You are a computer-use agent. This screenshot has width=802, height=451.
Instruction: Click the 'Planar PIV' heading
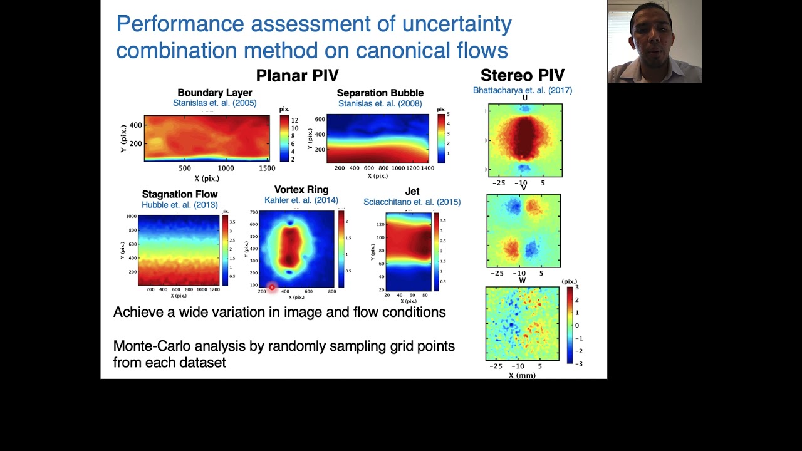(297, 76)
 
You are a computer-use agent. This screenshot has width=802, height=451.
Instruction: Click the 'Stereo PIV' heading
(522, 76)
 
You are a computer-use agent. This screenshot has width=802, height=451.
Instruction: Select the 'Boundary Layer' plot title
(214, 93)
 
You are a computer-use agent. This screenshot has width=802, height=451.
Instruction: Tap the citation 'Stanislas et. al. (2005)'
(214, 103)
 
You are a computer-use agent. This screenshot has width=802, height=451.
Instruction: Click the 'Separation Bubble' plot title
(380, 93)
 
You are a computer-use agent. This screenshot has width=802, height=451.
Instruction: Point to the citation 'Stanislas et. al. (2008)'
(380, 104)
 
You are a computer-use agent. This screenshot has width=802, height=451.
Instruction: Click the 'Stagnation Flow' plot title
(180, 194)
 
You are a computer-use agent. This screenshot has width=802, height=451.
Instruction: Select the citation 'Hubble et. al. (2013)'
(180, 205)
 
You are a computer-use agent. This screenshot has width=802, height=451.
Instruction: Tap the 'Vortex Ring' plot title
(301, 190)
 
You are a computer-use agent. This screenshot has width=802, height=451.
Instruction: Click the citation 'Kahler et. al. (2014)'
(301, 200)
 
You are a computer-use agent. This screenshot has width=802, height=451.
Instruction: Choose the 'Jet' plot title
(412, 191)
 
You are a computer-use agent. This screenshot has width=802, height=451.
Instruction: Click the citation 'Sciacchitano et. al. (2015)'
(412, 202)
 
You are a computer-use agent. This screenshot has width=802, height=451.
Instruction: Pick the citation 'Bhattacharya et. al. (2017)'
(522, 90)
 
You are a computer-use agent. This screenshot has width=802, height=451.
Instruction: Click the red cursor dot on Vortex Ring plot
(272, 288)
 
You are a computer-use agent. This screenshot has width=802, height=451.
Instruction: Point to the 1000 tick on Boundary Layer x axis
(226, 168)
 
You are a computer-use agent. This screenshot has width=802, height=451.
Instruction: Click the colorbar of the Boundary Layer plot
(284, 138)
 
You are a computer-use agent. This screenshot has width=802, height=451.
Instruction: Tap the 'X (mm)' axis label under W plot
(522, 375)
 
